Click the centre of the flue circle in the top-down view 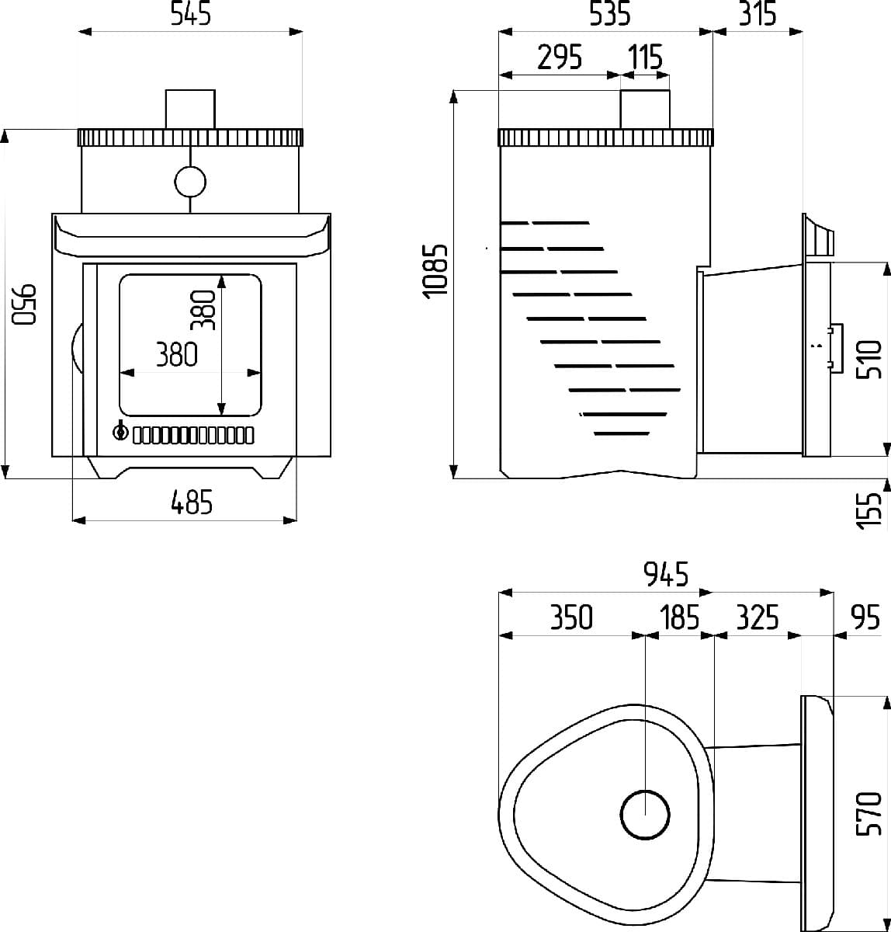pos(645,815)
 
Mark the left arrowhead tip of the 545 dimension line pos(78,32)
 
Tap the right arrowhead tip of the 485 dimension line pos(296,520)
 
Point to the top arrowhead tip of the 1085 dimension pos(453,90)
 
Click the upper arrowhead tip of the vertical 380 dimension pos(221,275)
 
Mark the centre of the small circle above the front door pos(190,182)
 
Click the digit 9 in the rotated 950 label pos(24,315)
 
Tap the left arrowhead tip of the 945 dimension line pos(498,593)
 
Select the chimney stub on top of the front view pos(190,110)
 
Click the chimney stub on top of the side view pos(645,110)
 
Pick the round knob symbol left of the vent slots pos(120,432)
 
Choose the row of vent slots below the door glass pos(192,436)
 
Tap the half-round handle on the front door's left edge pos(77,348)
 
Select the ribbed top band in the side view pos(606,137)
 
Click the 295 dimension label pos(560,57)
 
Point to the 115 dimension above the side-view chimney pos(645,57)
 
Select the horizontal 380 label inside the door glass pos(177,354)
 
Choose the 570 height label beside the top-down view pos(868,814)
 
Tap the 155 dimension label pos(868,511)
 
